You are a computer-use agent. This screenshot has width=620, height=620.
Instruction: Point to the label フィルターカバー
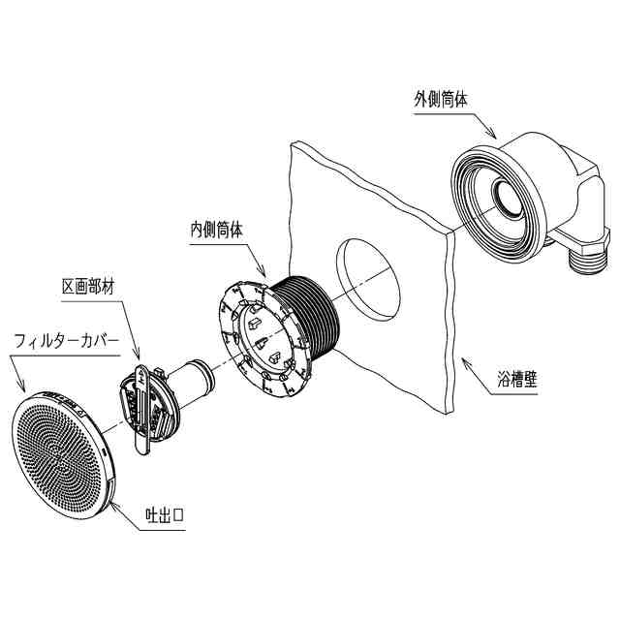66,341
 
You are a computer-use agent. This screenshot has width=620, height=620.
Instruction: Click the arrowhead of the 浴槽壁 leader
462,360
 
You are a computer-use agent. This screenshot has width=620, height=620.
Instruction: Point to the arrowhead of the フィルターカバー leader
21,393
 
